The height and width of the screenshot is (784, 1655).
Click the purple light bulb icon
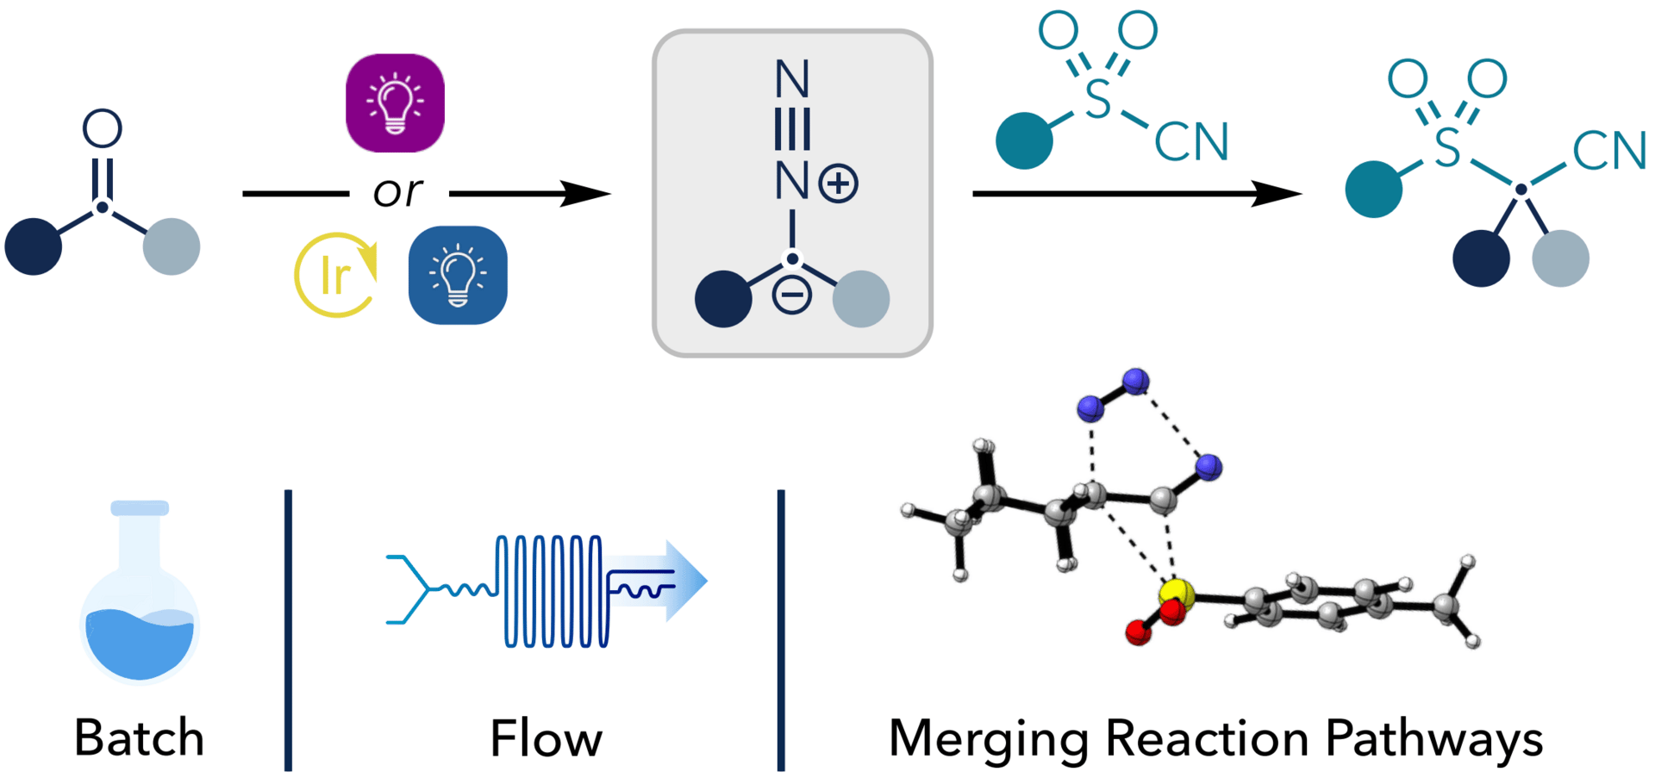395,103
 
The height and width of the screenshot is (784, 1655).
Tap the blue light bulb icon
458,275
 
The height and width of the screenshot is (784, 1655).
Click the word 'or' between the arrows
397,191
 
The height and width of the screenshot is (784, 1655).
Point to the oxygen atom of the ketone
102,129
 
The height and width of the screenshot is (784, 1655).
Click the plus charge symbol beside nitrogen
839,184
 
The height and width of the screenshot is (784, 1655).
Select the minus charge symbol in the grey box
791,296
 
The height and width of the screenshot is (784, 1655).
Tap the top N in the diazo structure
792,79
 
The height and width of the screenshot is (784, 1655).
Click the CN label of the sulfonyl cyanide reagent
1191,142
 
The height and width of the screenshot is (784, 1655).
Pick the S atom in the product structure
1447,147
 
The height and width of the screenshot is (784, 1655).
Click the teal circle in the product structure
1373,189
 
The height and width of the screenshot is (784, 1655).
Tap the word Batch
139,738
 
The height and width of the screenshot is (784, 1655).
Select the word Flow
546,739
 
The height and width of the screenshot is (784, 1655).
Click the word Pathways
1433,739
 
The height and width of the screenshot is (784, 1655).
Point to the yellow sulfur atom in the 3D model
1177,593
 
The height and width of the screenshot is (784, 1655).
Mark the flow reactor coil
553,591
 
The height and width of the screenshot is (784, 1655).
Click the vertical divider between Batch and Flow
288,630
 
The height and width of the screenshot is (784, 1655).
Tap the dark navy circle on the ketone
34,246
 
